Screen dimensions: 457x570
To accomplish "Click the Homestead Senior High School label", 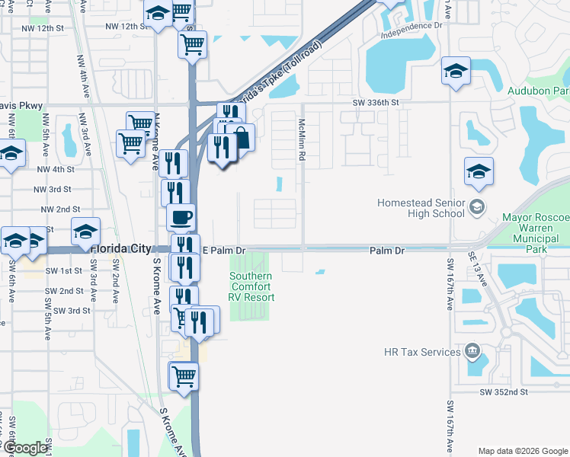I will (x=421, y=208).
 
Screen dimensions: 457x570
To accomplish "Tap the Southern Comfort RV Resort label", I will (x=252, y=286).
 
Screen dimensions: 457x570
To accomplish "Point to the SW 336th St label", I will (x=376, y=102).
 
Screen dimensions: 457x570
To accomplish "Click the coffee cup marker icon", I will (x=181, y=218).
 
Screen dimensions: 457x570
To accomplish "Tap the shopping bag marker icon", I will (x=241, y=137).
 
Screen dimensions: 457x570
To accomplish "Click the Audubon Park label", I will (x=539, y=90).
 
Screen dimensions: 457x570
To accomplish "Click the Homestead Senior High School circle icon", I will (x=476, y=206).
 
